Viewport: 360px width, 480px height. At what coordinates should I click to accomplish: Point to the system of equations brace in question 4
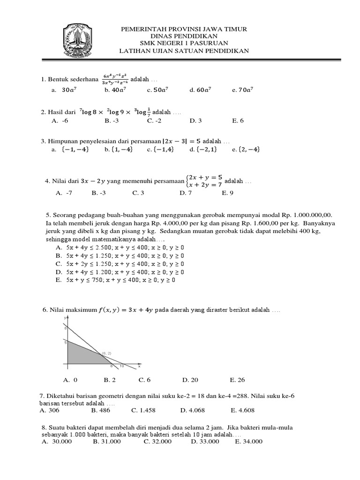[187, 181]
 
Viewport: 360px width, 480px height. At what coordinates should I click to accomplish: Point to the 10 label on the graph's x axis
[121, 366]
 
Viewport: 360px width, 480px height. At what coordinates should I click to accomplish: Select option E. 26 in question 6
[237, 380]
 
